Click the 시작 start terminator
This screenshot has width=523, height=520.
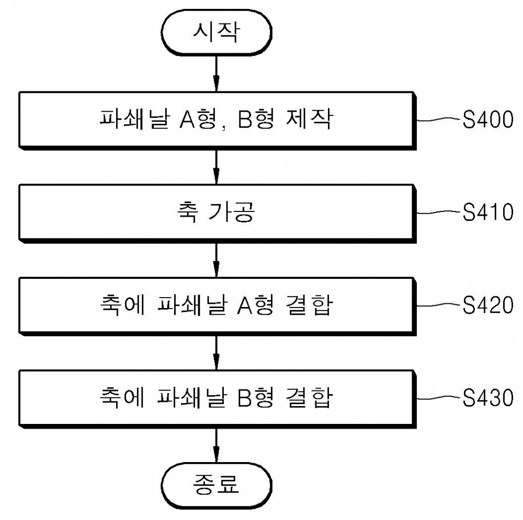pyautogui.click(x=217, y=32)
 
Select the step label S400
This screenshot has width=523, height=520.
pyautogui.click(x=488, y=120)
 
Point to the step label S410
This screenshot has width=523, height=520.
pyautogui.click(x=488, y=212)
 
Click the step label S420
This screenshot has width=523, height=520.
pyautogui.click(x=488, y=305)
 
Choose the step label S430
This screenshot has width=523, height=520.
pyautogui.click(x=488, y=397)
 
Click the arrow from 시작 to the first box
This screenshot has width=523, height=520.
pyautogui.click(x=217, y=74)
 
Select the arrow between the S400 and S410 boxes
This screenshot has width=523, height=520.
pyautogui.click(x=217, y=167)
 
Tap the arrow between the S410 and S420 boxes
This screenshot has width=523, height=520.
pyautogui.click(x=217, y=259)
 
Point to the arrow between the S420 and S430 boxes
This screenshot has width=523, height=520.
pyautogui.click(x=217, y=352)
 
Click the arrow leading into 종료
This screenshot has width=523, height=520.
pyautogui.click(x=217, y=445)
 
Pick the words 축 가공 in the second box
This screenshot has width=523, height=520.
pyautogui.click(x=216, y=212)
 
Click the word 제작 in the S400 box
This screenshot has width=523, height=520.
pyautogui.click(x=310, y=119)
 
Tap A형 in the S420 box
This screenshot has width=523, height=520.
pyautogui.click(x=256, y=304)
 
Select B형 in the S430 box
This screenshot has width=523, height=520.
pyautogui.click(x=256, y=397)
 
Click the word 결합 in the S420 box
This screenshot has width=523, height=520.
pyautogui.click(x=310, y=304)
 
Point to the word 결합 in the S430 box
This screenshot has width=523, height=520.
pyautogui.click(x=310, y=397)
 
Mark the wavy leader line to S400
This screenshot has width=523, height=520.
pyautogui.click(x=439, y=120)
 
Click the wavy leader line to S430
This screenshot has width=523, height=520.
pyautogui.click(x=439, y=397)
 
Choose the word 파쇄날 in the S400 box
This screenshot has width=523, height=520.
pyautogui.click(x=135, y=119)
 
